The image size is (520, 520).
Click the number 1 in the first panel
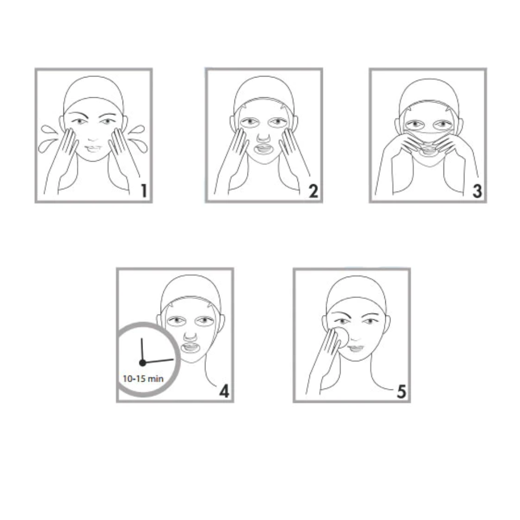(x=144, y=191)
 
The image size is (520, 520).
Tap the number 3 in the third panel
(x=477, y=191)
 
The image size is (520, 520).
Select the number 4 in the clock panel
(x=224, y=391)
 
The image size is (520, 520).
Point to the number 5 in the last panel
(x=401, y=392)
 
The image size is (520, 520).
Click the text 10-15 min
(x=143, y=379)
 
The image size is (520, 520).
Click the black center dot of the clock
(x=142, y=363)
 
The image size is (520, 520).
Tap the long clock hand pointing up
(x=142, y=350)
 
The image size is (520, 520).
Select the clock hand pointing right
(x=158, y=361)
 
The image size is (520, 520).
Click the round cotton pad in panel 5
(x=341, y=337)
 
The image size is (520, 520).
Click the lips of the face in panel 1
(x=93, y=148)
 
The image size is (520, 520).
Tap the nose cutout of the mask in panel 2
(x=264, y=137)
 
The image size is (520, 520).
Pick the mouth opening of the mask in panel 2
(x=264, y=149)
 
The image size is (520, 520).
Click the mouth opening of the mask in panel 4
(x=190, y=348)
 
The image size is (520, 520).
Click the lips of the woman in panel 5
(x=356, y=348)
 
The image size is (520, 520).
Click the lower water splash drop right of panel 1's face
(x=138, y=146)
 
